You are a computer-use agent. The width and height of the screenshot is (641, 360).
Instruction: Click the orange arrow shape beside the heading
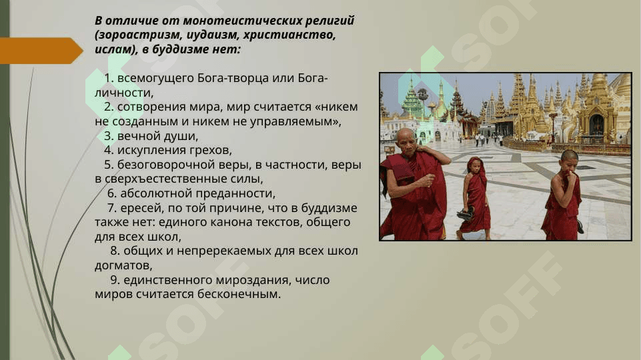coord(41,51)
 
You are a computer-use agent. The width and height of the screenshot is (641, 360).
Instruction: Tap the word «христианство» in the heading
coord(289,35)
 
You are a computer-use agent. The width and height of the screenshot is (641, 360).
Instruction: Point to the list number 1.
coord(108,78)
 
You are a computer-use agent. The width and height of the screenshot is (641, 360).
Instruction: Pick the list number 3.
coord(108,135)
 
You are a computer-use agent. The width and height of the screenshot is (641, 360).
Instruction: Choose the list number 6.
coord(112,193)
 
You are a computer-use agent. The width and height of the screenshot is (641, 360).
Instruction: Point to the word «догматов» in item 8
coord(123,265)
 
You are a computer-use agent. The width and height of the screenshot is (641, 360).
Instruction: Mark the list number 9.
coord(115,280)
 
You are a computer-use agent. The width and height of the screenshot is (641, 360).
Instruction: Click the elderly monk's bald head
coord(406,135)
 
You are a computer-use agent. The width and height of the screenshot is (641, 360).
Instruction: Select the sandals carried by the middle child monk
coord(465,214)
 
